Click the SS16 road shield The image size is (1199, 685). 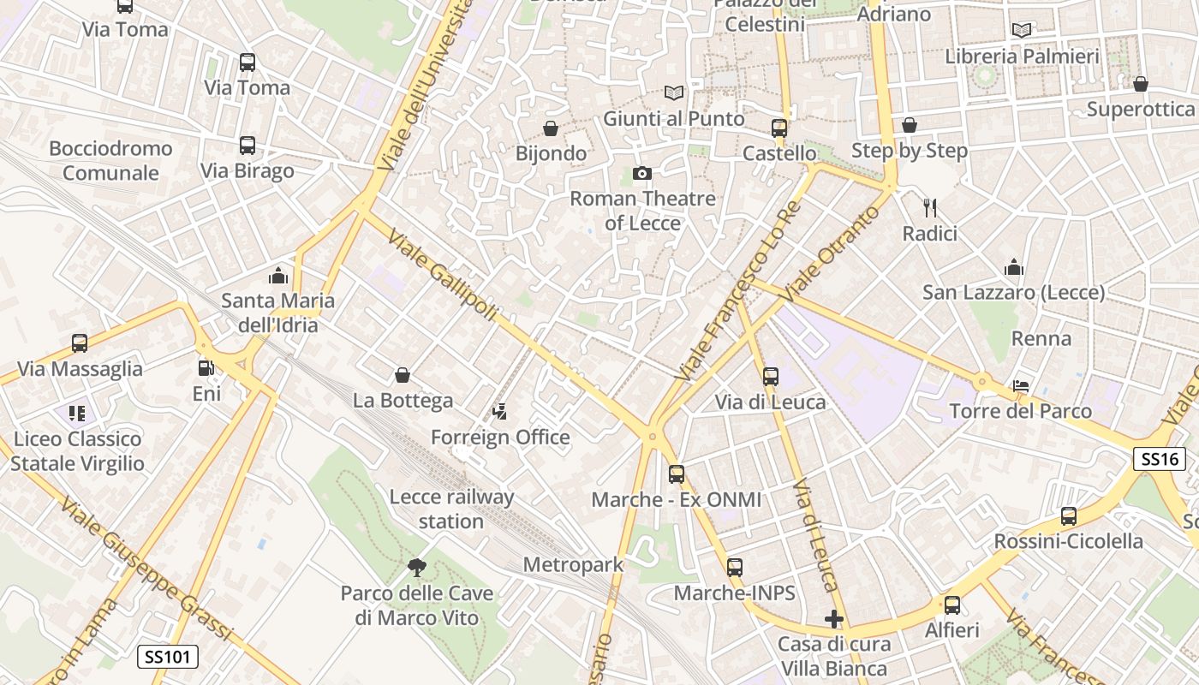[1160, 459]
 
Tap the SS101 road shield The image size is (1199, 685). [168, 657]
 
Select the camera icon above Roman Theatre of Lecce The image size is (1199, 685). [641, 174]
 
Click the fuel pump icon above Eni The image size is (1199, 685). [206, 368]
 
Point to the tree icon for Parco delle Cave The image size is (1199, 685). [417, 566]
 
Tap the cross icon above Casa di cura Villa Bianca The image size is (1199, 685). [834, 618]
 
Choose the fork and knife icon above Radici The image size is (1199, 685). [930, 207]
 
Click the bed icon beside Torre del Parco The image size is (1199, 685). [1021, 385]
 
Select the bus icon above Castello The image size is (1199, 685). [778, 128]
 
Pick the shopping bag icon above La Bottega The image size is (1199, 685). [403, 375]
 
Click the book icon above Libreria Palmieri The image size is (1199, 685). [1021, 31]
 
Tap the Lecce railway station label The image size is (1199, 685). [451, 509]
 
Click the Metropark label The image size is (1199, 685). [573, 564]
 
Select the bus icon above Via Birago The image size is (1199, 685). [248, 146]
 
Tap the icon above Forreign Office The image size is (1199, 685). [500, 413]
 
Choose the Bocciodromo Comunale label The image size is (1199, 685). [110, 160]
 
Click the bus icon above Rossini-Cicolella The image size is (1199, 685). [1068, 516]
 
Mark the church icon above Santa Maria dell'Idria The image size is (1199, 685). [277, 276]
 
